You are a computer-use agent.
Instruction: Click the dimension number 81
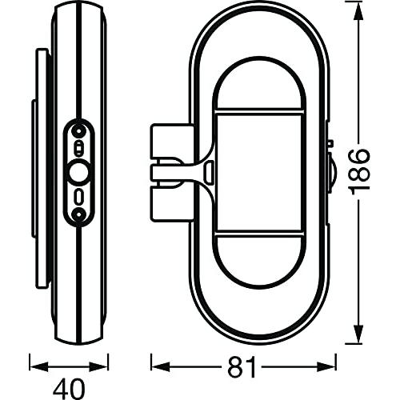242,367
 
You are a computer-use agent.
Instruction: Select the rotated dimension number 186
359,173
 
